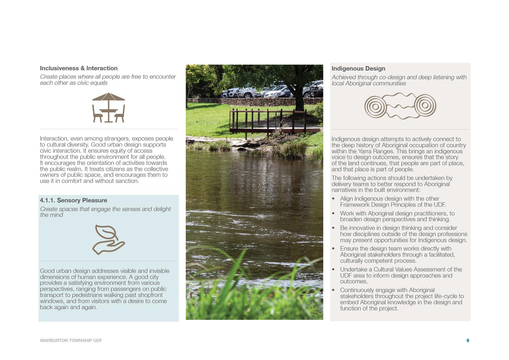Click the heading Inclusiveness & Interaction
(x=79, y=68)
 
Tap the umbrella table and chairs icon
(x=109, y=107)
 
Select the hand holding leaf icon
(x=109, y=240)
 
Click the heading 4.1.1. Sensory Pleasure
(x=73, y=200)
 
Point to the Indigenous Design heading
(x=358, y=69)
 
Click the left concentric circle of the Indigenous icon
(x=375, y=107)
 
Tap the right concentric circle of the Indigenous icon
(x=425, y=105)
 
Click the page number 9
(x=468, y=340)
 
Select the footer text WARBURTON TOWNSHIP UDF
(x=71, y=340)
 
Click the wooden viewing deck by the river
(x=267, y=122)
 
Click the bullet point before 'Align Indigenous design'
(x=333, y=199)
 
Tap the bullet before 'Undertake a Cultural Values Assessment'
(x=333, y=270)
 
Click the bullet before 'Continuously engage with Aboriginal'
(x=333, y=290)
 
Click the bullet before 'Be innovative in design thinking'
(x=333, y=228)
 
